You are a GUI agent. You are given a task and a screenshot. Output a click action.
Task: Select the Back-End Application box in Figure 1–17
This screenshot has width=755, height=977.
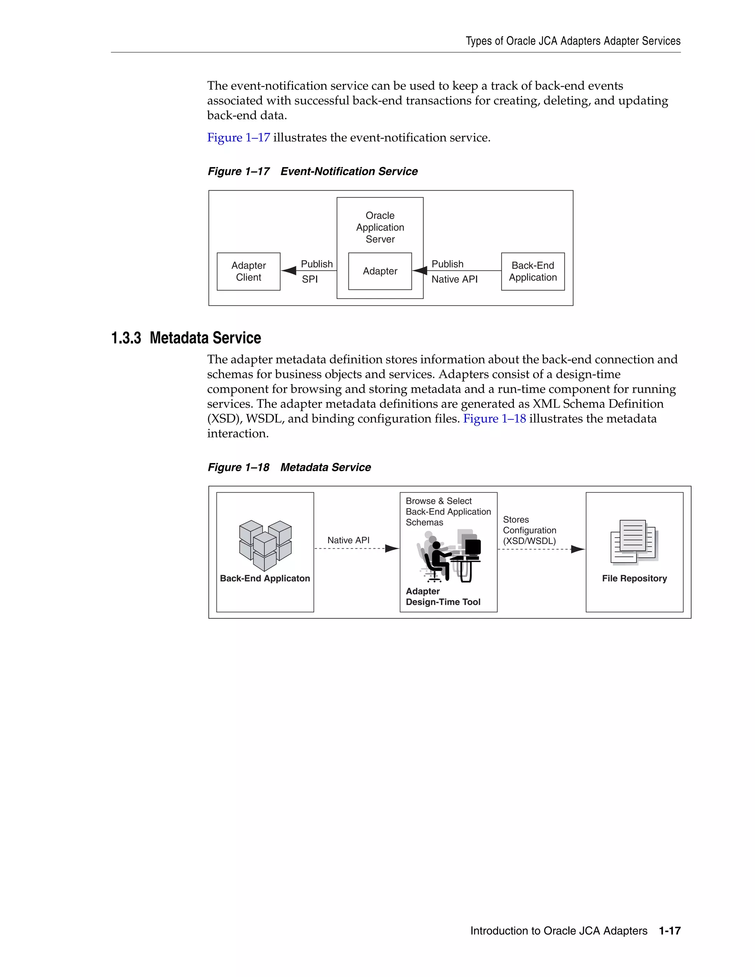click(x=532, y=272)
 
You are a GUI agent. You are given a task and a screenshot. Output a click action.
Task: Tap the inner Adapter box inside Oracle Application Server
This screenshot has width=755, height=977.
click(x=380, y=271)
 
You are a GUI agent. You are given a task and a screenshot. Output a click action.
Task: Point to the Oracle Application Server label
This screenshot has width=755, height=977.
click(x=380, y=227)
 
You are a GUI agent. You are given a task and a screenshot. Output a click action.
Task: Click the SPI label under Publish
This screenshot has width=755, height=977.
click(x=310, y=279)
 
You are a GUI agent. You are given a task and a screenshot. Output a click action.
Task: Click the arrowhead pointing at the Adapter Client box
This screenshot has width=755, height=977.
click(x=289, y=271)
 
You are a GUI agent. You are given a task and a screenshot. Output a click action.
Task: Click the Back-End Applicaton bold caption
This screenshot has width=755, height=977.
click(x=265, y=578)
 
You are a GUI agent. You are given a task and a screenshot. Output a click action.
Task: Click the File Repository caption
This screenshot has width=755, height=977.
click(x=634, y=578)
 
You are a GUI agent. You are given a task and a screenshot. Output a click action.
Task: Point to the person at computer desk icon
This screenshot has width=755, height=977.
click(x=449, y=556)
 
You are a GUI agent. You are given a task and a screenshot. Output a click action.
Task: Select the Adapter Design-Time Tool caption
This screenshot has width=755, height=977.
click(x=442, y=597)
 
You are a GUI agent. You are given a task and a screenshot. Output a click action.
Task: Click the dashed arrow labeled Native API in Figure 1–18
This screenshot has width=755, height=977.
click(x=356, y=549)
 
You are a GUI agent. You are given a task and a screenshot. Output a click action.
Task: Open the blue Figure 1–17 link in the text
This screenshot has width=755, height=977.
click(x=239, y=138)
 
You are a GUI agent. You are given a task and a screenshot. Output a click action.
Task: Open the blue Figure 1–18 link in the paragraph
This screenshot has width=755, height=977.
click(x=494, y=419)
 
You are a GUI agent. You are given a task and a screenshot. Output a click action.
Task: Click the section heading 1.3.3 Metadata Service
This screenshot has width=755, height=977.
click(x=186, y=338)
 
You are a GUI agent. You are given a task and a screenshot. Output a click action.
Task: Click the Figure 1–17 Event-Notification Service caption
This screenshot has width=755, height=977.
click(x=312, y=171)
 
